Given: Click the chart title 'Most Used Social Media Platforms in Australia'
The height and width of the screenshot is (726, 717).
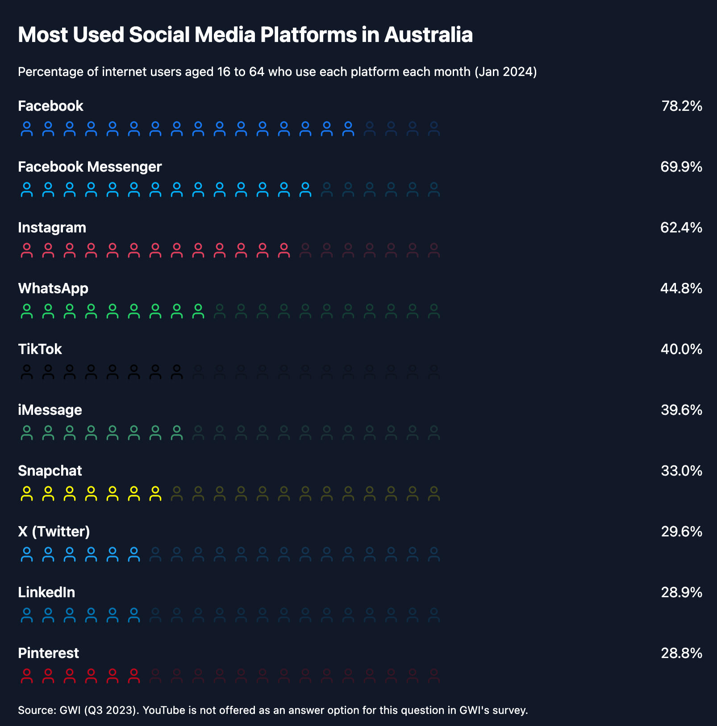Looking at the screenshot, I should click(245, 35).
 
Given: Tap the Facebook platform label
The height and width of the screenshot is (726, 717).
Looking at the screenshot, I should click(50, 106).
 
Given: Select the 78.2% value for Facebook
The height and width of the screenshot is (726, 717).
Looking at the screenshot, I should click(682, 106).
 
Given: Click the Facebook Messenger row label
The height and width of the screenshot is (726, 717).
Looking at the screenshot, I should click(90, 167).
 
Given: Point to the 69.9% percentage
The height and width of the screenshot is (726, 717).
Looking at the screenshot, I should click(681, 167).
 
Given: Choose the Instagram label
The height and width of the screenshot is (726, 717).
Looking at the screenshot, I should click(52, 228).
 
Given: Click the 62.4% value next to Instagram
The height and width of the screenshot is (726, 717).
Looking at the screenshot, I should click(681, 228).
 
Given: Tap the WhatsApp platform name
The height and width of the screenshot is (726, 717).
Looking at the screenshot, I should click(53, 288).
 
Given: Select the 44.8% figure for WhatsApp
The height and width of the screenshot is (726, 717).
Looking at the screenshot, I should click(681, 288).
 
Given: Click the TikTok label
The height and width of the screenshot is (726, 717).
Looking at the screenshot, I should click(40, 349).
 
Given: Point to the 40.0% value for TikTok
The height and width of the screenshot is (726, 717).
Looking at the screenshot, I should click(681, 349).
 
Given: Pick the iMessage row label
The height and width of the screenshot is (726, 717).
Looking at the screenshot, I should click(50, 410).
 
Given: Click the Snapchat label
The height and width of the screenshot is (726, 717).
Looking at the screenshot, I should click(50, 471).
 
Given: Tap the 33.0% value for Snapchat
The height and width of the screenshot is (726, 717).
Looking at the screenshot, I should click(682, 471).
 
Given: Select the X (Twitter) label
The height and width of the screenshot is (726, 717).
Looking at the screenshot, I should click(54, 532).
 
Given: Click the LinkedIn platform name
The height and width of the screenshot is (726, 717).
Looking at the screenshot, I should click(46, 592).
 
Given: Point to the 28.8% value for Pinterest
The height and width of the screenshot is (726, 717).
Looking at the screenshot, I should click(682, 653).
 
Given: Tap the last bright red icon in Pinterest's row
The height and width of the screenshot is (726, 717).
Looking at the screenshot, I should click(134, 675).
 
